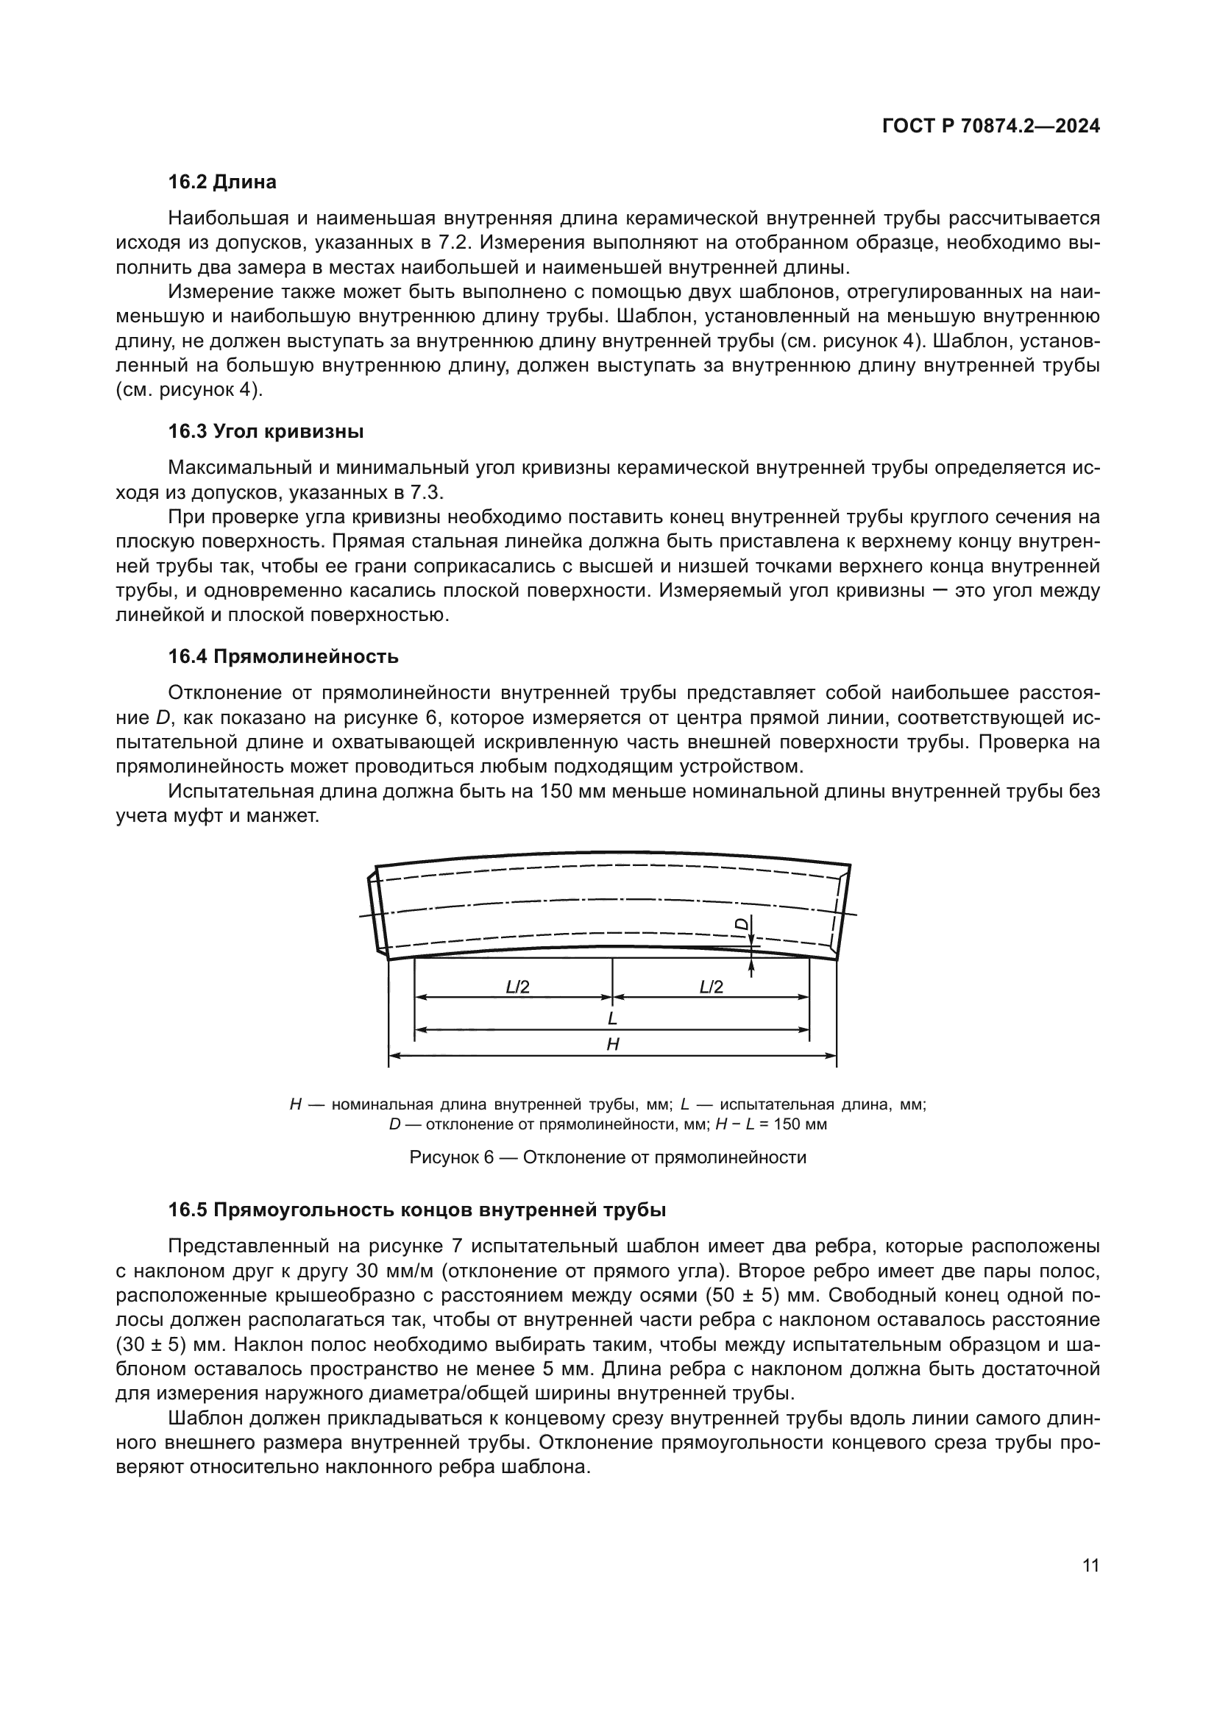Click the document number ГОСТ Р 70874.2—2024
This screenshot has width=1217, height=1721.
[x=990, y=127]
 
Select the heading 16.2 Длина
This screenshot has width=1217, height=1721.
[x=221, y=182]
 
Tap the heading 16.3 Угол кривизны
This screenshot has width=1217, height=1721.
[x=266, y=432]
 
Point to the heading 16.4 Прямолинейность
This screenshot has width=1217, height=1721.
[x=283, y=657]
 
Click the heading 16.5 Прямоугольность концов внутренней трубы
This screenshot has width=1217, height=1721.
[x=416, y=1210]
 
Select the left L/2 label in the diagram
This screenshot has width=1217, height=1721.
[x=517, y=987]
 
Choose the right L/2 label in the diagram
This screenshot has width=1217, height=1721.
[x=712, y=987]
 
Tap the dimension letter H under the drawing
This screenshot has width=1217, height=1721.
[x=612, y=1044]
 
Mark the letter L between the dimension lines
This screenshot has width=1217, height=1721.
[x=612, y=1018]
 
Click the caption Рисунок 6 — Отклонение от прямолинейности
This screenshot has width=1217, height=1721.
[x=608, y=1157]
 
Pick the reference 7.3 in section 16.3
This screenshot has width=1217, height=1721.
[x=427, y=492]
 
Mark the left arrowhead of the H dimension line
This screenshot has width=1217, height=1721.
[x=394, y=1056]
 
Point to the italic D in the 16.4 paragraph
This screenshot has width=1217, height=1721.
[x=163, y=718]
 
